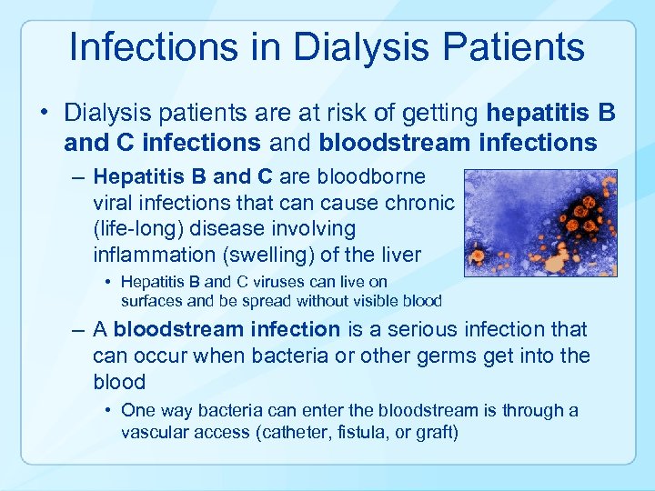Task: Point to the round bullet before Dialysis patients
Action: (x=44, y=115)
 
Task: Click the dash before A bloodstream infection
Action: (x=78, y=329)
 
